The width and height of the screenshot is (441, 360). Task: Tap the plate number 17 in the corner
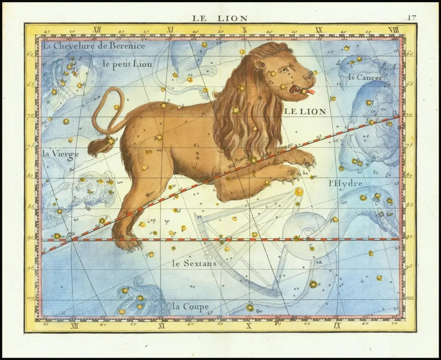411,18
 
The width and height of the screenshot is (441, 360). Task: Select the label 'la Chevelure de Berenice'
93,46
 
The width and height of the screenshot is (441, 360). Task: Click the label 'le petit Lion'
127,64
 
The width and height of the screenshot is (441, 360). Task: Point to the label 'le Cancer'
365,78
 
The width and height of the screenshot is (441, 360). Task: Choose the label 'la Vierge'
60,154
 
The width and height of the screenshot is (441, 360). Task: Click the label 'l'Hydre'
345,183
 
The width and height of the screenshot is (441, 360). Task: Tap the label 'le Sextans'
194,263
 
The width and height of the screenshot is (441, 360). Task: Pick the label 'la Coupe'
190,307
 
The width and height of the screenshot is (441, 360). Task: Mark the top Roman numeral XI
170,30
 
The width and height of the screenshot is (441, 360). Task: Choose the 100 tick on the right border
410,297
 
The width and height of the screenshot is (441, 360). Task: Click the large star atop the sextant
298,191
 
